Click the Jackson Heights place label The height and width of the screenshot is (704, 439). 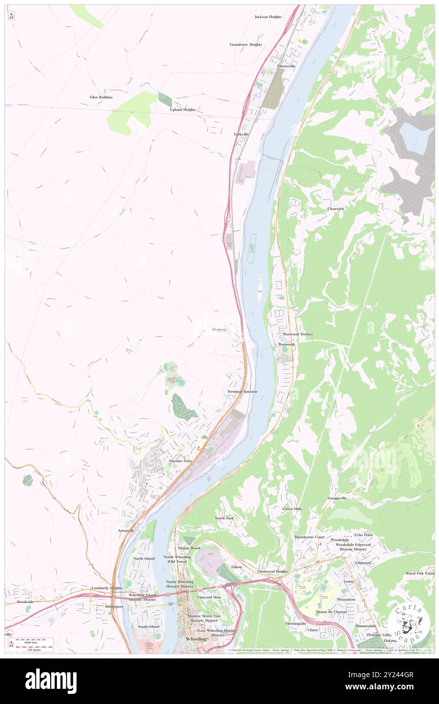point(268,17)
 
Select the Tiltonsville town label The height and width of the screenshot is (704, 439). point(286,66)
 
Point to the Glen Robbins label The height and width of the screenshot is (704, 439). point(101,97)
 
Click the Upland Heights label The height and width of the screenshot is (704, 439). point(182,109)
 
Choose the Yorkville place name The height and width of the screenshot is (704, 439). point(241,134)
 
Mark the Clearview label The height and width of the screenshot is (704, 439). point(336,209)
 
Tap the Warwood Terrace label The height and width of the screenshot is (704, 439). point(298,335)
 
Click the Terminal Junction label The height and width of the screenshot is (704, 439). point(242,392)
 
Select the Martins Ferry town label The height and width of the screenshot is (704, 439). point(181,461)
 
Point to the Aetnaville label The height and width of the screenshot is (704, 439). point(126,530)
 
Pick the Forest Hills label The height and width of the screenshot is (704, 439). point(292,509)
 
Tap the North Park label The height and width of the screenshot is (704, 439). point(224,518)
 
